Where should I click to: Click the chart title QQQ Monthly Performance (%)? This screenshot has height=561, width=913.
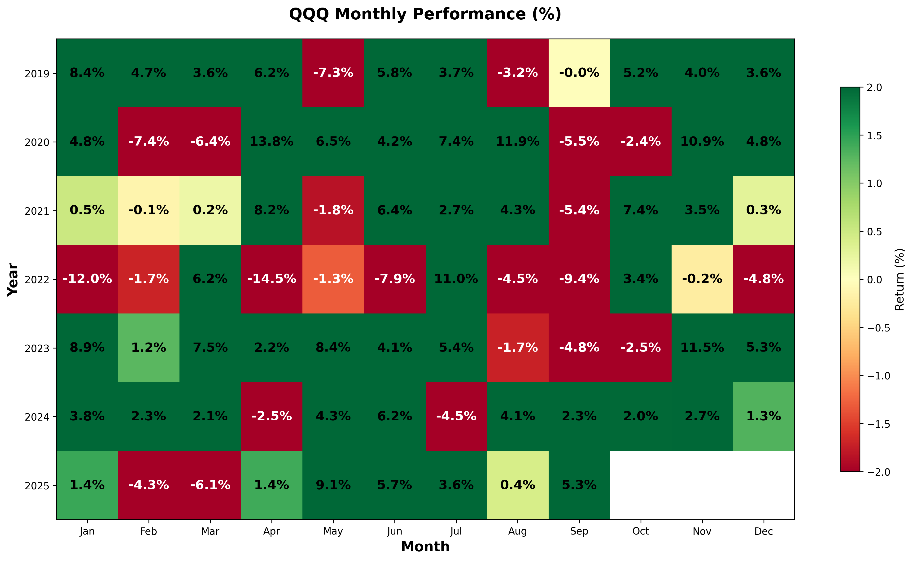[425, 14]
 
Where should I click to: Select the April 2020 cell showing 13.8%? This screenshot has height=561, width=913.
[272, 141]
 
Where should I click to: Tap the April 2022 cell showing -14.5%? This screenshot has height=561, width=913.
[272, 279]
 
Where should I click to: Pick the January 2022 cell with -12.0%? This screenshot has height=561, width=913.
[87, 279]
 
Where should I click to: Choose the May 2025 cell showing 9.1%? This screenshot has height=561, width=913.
[333, 485]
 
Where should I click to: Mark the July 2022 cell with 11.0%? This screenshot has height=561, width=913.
[456, 279]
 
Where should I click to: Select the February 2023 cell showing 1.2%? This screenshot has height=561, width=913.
[149, 348]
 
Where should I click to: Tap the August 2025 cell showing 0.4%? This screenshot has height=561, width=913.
[517, 485]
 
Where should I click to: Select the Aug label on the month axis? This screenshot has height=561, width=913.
[517, 531]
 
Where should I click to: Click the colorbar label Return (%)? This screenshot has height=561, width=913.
[900, 279]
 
